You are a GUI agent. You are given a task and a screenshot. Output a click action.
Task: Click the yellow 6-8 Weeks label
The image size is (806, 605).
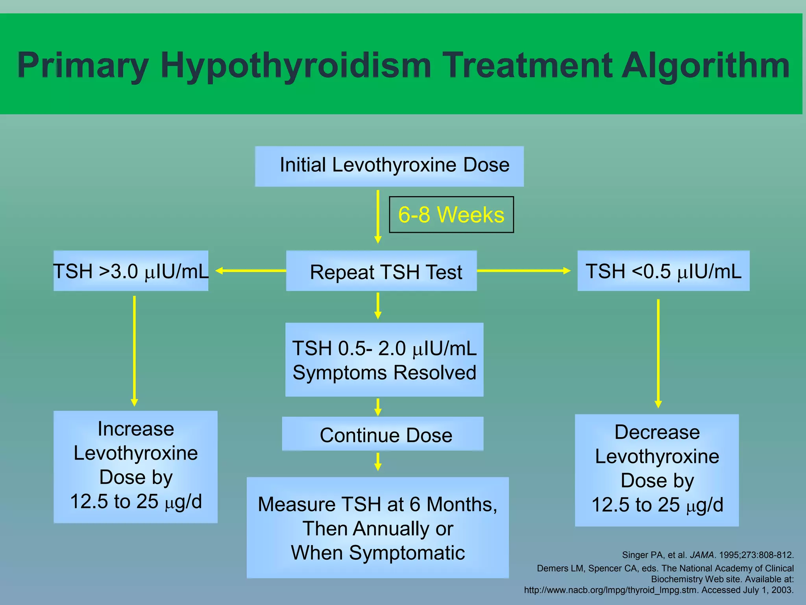(x=451, y=215)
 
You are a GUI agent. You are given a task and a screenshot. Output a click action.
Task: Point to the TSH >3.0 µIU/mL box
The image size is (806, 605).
(x=131, y=271)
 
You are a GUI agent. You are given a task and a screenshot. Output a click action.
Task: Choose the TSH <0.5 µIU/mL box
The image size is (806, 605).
(x=663, y=271)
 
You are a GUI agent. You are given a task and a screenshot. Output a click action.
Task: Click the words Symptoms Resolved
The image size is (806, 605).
(x=385, y=373)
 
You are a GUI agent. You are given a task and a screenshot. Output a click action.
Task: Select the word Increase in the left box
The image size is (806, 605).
(x=136, y=429)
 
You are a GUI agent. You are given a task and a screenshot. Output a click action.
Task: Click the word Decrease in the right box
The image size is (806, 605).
(x=657, y=432)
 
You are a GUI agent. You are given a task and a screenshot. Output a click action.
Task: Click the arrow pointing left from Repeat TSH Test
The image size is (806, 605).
(x=251, y=271)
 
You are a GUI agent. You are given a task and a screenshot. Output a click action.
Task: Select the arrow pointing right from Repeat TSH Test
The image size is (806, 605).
(x=523, y=271)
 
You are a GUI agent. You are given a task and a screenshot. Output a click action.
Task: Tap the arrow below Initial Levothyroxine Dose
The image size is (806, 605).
(x=378, y=217)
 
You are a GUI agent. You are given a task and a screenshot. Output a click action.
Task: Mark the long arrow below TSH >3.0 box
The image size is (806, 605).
(x=135, y=351)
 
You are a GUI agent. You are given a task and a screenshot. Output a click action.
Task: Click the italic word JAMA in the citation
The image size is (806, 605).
(x=702, y=555)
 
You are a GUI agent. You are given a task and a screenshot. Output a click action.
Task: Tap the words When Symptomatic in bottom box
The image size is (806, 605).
(x=378, y=553)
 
